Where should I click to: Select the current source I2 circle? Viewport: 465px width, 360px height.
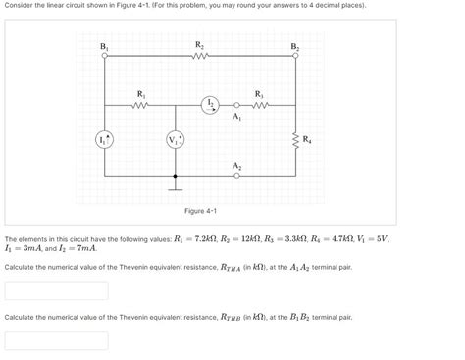[x=210, y=105]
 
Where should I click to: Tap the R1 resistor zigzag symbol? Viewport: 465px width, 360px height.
[x=140, y=105]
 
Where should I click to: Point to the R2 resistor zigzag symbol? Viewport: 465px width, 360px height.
[x=200, y=56]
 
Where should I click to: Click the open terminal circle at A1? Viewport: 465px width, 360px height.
[x=236, y=105]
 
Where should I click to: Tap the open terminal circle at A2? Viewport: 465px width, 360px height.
[x=236, y=176]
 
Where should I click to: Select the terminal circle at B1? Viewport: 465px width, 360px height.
[x=104, y=56]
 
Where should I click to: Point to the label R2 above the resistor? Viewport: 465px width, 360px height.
[x=200, y=44]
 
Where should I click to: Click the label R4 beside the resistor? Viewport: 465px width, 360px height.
[x=308, y=138]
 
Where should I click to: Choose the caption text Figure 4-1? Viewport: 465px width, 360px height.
[x=200, y=211]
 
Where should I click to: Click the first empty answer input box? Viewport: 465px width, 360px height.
[x=56, y=290]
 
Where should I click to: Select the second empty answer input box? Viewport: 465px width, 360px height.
[x=56, y=340]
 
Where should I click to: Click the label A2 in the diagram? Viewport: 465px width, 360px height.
[x=237, y=165]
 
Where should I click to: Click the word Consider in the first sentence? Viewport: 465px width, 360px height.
[x=21, y=6]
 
